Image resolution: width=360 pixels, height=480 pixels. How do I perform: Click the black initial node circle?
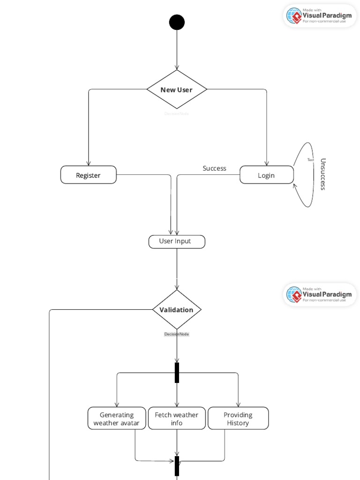177,22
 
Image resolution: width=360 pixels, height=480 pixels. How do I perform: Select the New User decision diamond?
177,90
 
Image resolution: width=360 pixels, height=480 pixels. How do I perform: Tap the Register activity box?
89,175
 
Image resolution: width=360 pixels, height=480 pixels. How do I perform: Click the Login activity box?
267,175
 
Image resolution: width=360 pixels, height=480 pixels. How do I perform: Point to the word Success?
214,168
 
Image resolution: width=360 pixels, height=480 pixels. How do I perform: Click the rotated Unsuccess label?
322,174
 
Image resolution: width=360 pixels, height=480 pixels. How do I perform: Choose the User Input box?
177,241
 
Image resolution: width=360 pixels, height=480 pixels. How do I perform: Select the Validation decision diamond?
177,309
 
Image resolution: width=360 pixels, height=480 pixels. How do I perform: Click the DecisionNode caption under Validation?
176,334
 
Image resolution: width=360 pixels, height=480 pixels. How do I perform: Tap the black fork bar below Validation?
177,373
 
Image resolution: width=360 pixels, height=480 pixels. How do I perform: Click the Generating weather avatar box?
117,418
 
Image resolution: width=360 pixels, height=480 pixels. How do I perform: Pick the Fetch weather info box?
177,418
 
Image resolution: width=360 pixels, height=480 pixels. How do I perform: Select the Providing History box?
238,418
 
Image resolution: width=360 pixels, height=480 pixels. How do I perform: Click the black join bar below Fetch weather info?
177,465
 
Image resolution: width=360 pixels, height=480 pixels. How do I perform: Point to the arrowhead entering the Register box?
89,163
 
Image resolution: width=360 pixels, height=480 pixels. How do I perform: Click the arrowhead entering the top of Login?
267,163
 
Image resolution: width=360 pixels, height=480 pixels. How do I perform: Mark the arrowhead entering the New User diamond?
177,67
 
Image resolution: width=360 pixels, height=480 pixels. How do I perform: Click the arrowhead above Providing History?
238,404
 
